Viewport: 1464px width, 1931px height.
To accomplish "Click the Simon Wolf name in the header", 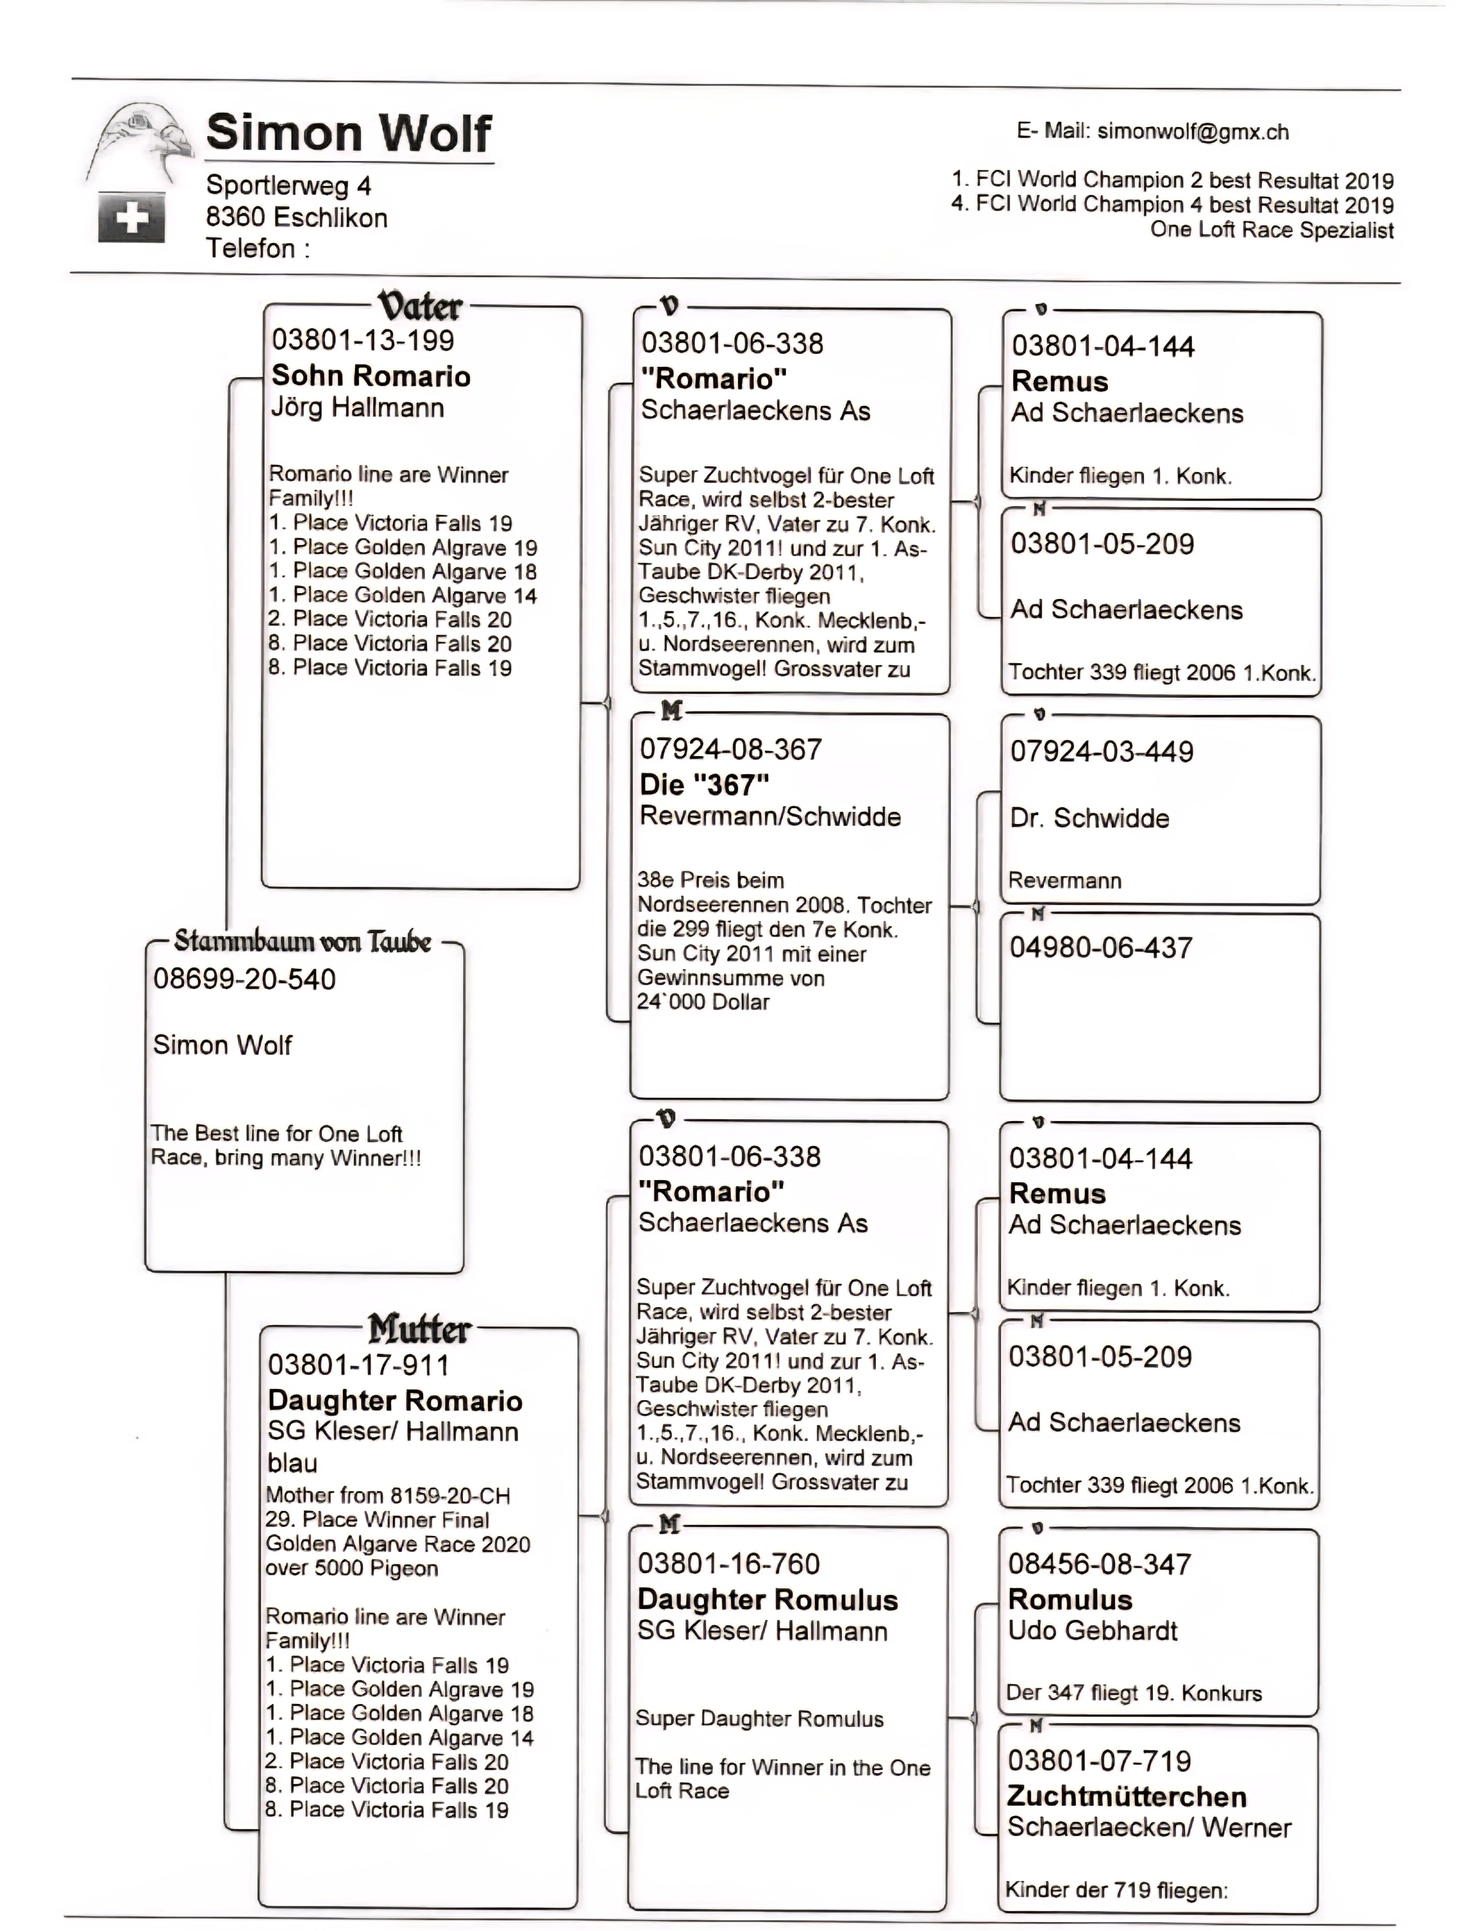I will (348, 134).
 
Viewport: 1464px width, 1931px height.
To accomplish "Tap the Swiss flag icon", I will (131, 217).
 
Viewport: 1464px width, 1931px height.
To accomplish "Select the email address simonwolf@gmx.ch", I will (1192, 132).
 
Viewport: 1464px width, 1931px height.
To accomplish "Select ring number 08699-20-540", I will (244, 979).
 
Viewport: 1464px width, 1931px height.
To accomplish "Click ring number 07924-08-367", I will (731, 749).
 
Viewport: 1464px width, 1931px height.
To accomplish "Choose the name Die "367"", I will (704, 785).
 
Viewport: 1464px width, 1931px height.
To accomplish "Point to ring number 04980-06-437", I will (1101, 948).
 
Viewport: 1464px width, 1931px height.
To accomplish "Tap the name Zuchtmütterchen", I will (1126, 1796).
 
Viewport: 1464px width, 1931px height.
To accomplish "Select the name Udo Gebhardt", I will (1092, 1631).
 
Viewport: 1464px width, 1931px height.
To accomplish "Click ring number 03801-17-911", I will (359, 1365).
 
